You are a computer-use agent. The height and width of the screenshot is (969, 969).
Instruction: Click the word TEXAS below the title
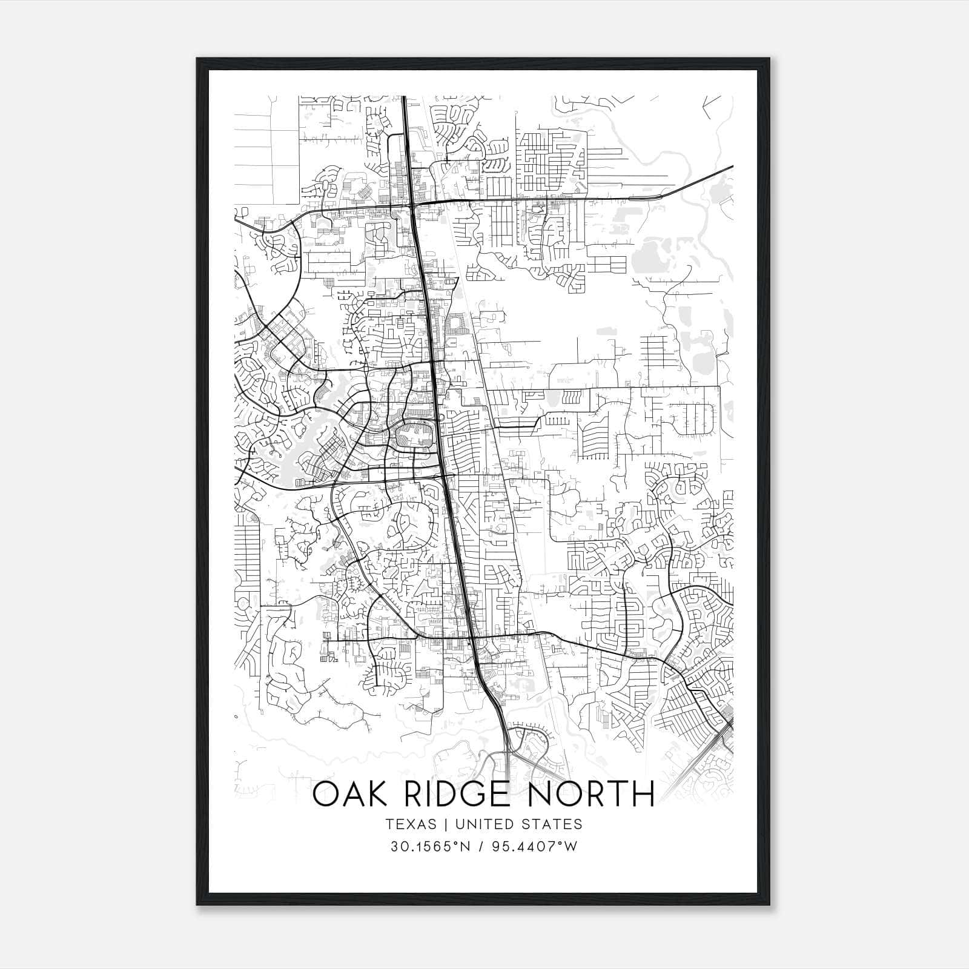coord(410,824)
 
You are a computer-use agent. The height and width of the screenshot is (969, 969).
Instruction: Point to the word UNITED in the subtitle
coord(483,824)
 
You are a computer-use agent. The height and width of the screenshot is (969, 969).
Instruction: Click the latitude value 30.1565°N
coord(430,847)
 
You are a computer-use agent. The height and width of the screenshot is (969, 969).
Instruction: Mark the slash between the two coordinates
coord(481,847)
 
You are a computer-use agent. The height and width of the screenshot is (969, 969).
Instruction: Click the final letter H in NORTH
coord(643,794)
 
